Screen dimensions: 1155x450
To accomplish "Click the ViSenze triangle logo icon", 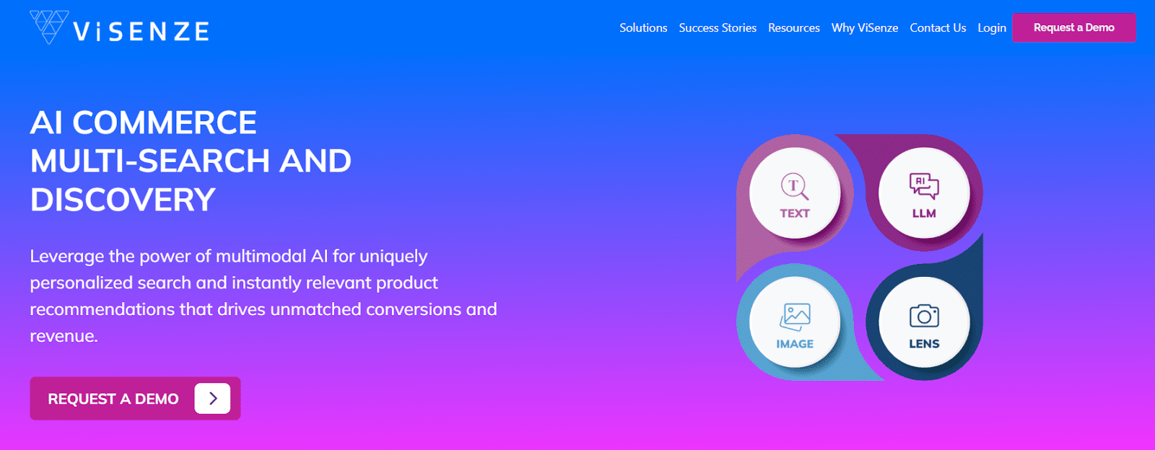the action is coord(49,27).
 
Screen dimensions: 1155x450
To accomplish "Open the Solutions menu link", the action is coord(643,28).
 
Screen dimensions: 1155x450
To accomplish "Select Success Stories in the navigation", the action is coord(718,28).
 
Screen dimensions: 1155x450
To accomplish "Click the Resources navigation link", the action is coord(793,28).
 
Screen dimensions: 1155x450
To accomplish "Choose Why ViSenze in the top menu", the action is coord(864,28).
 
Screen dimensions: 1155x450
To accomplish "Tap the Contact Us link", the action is coord(938,28).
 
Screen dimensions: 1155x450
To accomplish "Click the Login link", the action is coord(992,28).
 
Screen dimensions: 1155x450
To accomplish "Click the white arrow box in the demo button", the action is coord(212,399).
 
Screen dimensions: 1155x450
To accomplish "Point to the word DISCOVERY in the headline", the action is coord(123,199).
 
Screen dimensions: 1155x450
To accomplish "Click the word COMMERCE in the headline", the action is coord(165,123).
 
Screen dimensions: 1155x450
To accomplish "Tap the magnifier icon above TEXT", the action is coord(795,186).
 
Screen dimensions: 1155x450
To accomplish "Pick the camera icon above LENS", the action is coord(924,316).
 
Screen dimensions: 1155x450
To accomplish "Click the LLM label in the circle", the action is coord(924,213).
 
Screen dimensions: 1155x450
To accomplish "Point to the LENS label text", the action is coord(924,343).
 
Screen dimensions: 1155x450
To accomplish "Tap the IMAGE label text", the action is coord(795,343).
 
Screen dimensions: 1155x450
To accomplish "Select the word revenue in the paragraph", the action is coord(64,336).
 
